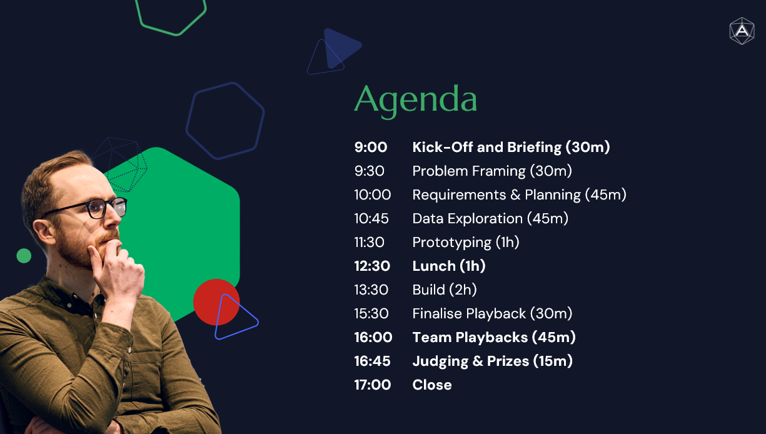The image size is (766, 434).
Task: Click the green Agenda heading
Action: tap(415, 101)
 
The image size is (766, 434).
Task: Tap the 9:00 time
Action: tap(371, 147)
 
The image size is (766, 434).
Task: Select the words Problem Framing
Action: tap(469, 171)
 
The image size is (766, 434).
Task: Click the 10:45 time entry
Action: tap(371, 218)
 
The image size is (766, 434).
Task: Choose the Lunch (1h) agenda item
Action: tap(449, 266)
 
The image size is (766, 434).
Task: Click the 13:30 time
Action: tap(371, 290)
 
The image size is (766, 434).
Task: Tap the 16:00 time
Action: tap(373, 338)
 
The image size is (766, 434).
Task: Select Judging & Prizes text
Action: tap(470, 361)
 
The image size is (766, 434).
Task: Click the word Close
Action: tap(432, 385)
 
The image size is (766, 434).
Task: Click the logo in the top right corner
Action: tap(742, 31)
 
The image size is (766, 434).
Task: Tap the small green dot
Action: tap(24, 256)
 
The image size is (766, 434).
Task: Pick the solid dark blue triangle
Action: tap(340, 47)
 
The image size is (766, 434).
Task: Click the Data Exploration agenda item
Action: tap(490, 219)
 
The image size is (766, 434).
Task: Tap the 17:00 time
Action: tap(373, 385)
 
